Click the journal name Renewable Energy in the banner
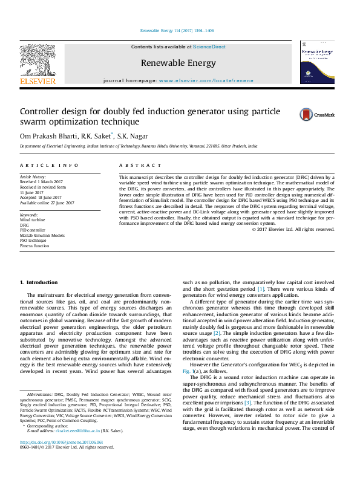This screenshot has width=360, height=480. [178, 62]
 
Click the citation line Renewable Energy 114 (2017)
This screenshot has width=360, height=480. [177, 30]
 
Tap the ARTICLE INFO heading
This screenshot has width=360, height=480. [49, 165]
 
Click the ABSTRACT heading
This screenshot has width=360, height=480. [137, 165]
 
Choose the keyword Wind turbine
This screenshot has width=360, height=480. [32, 220]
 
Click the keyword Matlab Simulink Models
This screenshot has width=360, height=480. [42, 236]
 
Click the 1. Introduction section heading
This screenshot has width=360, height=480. [39, 282]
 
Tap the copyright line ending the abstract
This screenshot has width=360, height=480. [293, 229]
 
